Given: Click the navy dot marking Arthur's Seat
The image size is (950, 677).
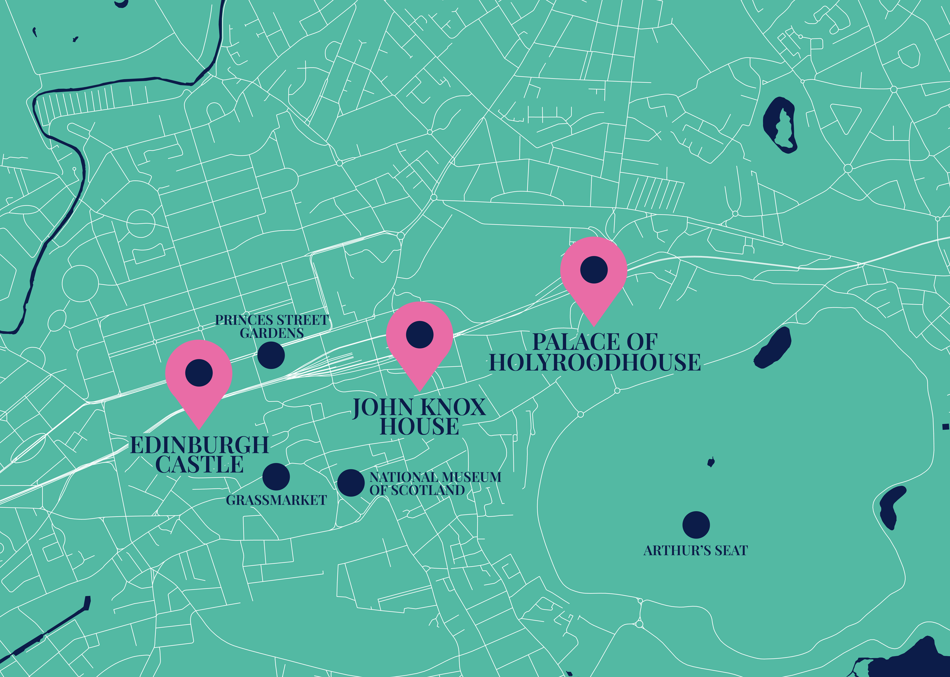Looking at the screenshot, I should (x=696, y=525).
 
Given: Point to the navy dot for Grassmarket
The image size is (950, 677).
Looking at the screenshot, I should (x=276, y=476).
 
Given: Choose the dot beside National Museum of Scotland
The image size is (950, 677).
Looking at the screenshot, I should (x=351, y=483).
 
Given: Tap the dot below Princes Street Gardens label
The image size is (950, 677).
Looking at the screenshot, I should (x=271, y=355).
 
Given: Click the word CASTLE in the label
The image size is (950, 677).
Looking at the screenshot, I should (x=199, y=465).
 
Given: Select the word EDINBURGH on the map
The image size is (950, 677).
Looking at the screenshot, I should (x=199, y=445).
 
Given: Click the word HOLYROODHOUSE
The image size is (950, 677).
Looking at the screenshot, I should (x=595, y=363).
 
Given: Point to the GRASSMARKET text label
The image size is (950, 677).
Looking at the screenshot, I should (x=276, y=500).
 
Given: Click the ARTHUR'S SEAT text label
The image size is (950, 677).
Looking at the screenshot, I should (x=695, y=551).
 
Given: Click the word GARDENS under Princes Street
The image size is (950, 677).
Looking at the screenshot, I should (x=272, y=333).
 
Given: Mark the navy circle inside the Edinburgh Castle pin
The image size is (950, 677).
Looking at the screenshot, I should (x=199, y=372).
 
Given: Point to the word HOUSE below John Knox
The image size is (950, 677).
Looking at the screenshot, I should (x=419, y=426).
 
